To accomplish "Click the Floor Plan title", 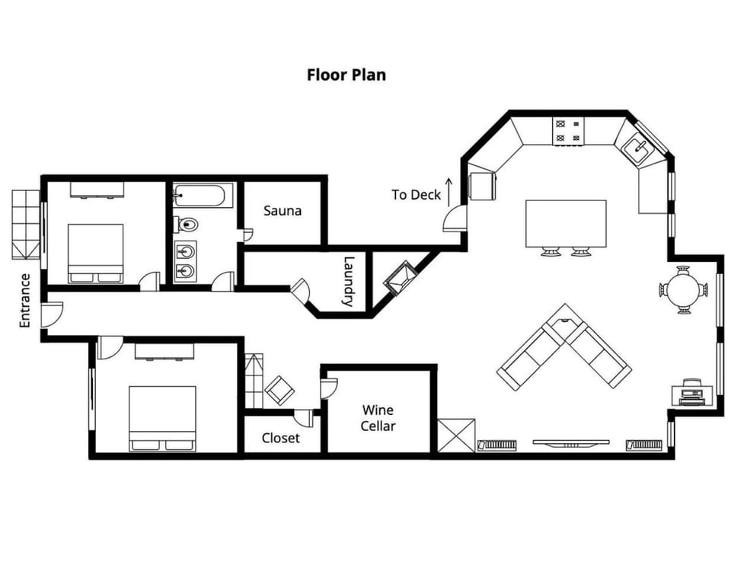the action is pyautogui.click(x=346, y=75).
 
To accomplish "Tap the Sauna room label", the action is pyautogui.click(x=283, y=211).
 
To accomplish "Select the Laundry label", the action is pyautogui.click(x=348, y=281).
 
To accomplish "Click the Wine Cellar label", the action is pyautogui.click(x=378, y=418).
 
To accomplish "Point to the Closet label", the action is pyautogui.click(x=281, y=438).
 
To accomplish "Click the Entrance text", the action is pyautogui.click(x=24, y=301).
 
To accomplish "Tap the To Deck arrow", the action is pyautogui.click(x=449, y=192).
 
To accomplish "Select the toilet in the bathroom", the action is pyautogui.click(x=187, y=225).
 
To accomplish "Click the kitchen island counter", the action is pyautogui.click(x=566, y=224).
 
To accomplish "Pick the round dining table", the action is pyautogui.click(x=684, y=289).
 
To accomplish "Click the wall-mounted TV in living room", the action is pyautogui.click(x=571, y=442).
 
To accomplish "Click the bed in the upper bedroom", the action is pyautogui.click(x=96, y=254).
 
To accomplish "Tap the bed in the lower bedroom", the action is pyautogui.click(x=162, y=419).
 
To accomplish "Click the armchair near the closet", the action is pyautogui.click(x=279, y=390).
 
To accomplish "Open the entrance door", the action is pyautogui.click(x=52, y=314).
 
